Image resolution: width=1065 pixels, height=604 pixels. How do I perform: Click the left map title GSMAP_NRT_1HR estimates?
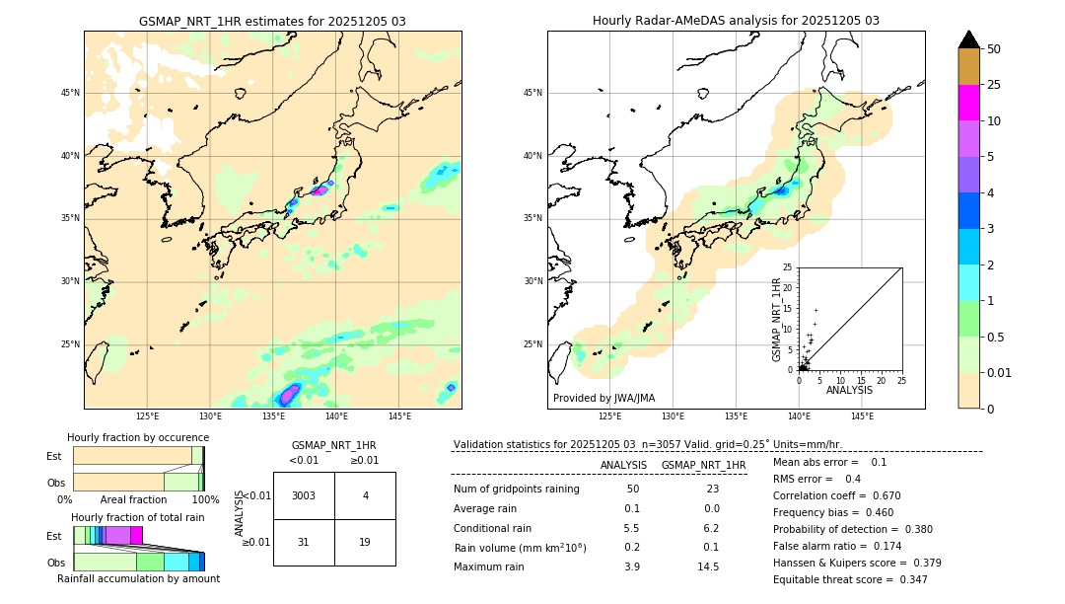click(272, 21)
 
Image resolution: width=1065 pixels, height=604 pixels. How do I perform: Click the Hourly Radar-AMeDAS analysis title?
click(736, 21)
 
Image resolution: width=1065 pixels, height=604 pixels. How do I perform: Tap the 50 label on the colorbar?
click(994, 49)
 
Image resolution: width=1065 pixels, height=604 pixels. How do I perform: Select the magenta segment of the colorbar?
click(968, 103)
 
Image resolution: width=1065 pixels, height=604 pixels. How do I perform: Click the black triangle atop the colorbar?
click(968, 39)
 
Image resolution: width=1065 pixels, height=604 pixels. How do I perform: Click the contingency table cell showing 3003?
click(304, 495)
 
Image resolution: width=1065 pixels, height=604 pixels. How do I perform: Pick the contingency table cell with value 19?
click(365, 542)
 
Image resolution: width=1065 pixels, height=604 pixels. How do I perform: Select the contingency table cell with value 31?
click(304, 542)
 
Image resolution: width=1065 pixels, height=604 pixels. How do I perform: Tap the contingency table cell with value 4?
click(365, 495)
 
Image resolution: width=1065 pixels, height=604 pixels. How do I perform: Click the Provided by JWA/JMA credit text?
click(603, 399)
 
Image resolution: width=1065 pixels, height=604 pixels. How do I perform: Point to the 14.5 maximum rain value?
click(708, 566)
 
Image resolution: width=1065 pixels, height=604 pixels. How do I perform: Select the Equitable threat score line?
click(850, 579)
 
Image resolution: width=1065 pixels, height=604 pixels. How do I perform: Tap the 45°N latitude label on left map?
click(70, 93)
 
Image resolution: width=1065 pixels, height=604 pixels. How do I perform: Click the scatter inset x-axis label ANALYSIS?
click(849, 390)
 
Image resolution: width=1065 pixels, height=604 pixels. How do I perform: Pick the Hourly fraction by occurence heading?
click(138, 437)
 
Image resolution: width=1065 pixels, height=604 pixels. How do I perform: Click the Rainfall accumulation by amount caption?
click(138, 578)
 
